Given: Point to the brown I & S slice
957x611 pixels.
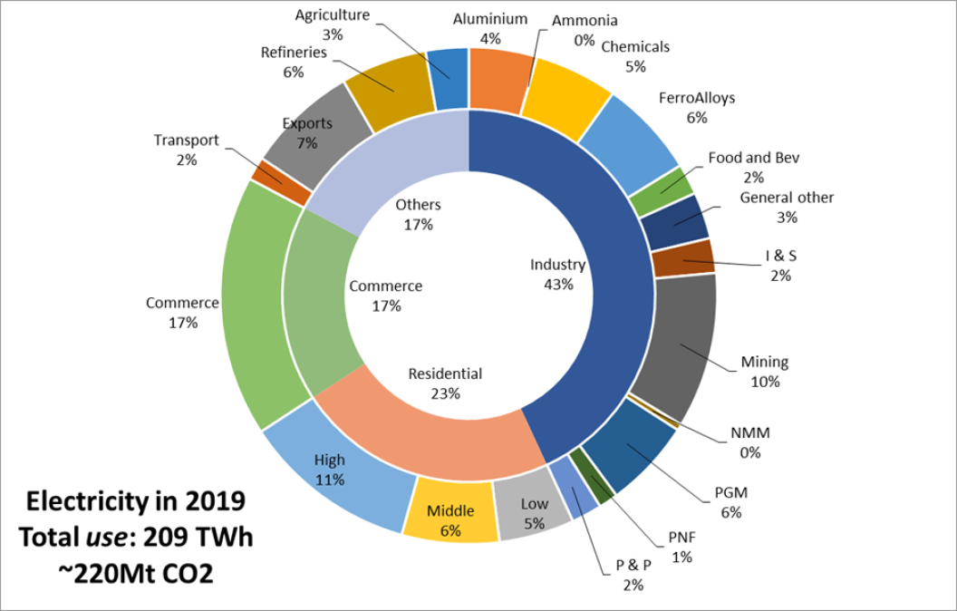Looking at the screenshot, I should coord(682,258).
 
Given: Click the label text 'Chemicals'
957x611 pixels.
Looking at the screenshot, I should coord(635,46).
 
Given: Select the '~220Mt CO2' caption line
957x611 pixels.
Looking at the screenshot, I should coord(135,573).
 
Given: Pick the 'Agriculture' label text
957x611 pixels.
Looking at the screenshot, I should coord(332,15).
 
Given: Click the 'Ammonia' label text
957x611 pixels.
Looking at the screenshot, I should coord(585,20).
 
